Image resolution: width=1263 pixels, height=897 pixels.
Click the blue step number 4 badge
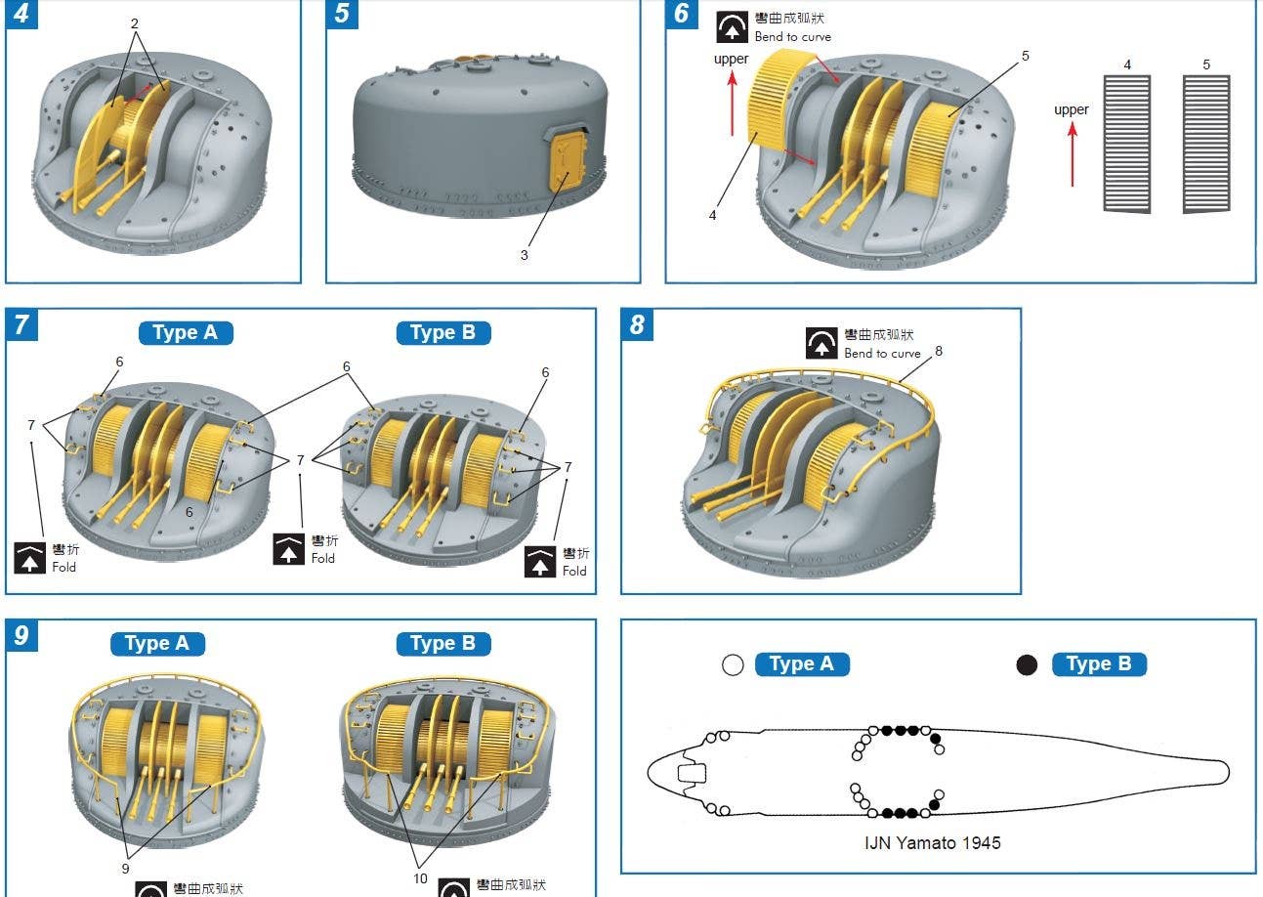pos(21,14)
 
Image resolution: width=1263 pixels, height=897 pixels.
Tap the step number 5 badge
pos(342,14)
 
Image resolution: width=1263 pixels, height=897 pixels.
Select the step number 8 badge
pos(637,324)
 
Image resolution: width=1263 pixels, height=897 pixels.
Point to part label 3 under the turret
pos(525,255)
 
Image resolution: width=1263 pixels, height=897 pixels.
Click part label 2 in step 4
pos(134,23)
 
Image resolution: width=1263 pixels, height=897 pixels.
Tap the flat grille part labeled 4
pos(1127,144)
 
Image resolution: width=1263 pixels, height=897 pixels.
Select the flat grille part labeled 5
pos(1206,144)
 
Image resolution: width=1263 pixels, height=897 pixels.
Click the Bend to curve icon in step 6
pos(732,27)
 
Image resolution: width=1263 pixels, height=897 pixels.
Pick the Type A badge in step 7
pos(186,333)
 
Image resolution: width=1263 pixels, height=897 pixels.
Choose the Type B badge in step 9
pos(443,644)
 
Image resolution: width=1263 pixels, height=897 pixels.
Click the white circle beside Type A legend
pos(733,664)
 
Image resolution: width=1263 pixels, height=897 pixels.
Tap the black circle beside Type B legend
pos(1027,664)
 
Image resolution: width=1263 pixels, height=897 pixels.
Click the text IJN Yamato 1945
pos(933,843)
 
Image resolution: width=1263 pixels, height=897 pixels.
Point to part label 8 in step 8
pos(939,351)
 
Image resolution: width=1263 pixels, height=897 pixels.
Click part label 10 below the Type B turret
pos(420,878)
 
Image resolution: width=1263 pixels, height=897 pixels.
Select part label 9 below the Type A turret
pos(125,869)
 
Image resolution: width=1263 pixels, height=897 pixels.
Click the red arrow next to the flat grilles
pos(1072,154)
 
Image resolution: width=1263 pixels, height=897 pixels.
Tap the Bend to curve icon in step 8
pos(821,343)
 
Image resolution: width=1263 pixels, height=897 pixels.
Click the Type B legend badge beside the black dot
pos(1099,664)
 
